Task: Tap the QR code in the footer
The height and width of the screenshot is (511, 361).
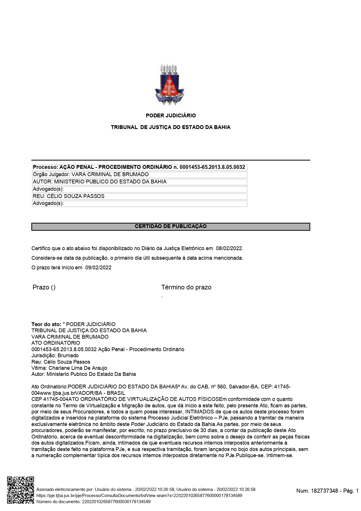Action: click(x=20, y=490)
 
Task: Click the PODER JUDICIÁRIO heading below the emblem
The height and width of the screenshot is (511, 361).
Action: click(x=171, y=116)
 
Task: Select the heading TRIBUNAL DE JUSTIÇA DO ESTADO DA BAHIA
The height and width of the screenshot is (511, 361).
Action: click(x=171, y=127)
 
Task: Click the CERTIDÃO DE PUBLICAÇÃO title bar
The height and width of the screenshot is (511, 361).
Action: click(x=171, y=227)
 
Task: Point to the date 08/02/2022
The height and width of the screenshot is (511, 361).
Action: click(x=229, y=248)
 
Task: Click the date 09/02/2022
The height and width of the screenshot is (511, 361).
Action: click(x=98, y=268)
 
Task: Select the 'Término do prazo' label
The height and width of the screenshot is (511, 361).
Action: click(x=186, y=287)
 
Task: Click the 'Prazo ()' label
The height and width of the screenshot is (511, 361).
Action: click(x=44, y=287)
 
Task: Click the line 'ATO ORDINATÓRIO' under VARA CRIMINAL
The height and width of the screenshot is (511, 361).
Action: click(x=56, y=343)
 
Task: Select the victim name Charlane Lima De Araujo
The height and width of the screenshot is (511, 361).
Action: click(x=78, y=368)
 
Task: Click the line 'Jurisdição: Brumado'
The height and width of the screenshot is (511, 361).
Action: click(x=55, y=356)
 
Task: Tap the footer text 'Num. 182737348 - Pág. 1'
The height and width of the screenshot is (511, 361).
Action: click(x=327, y=491)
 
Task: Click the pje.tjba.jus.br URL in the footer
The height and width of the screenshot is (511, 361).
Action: click(x=139, y=496)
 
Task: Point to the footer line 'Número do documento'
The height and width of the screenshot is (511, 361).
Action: click(x=93, y=502)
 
